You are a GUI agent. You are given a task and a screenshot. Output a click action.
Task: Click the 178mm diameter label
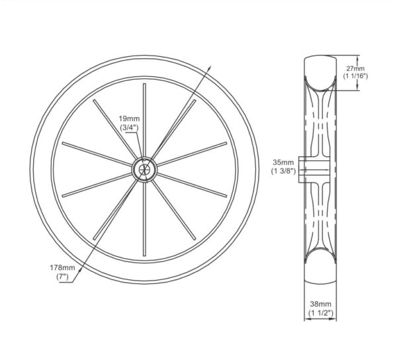tap(62, 267)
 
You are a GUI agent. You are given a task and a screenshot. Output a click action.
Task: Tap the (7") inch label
tap(62, 277)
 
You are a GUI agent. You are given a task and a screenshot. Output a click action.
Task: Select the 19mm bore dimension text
tap(129, 118)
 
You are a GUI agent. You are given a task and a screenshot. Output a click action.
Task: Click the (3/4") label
tap(129, 127)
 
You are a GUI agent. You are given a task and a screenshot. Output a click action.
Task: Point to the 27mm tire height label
tap(355, 68)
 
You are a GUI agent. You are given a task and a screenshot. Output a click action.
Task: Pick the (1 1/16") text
tap(355, 76)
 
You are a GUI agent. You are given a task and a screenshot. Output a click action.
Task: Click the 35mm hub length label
tap(283, 162)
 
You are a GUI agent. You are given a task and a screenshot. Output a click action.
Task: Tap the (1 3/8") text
tap(283, 171)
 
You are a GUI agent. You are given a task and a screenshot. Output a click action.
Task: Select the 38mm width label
tap(320, 304)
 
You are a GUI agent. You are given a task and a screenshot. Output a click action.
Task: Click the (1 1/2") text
tap(320, 313)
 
